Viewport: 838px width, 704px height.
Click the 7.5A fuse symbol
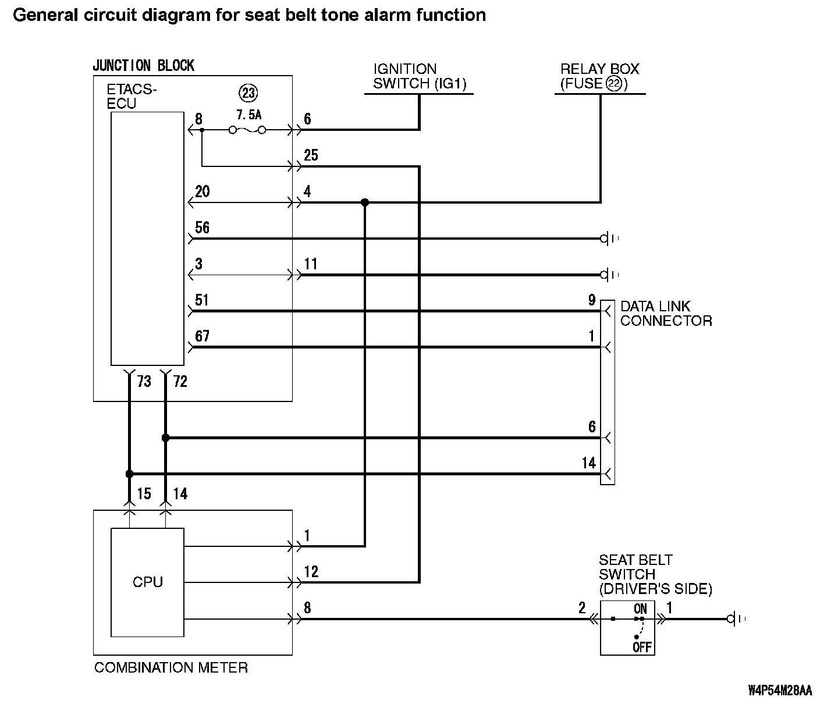click(247, 130)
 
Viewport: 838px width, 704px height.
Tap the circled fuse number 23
click(248, 93)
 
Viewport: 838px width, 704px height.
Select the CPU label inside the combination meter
click(148, 582)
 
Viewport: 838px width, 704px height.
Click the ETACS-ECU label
click(132, 97)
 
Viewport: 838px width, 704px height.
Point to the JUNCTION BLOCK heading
click(143, 66)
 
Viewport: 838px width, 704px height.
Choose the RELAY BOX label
click(599, 69)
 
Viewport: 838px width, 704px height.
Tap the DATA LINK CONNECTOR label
click(665, 314)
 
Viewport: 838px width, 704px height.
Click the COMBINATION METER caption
click(171, 667)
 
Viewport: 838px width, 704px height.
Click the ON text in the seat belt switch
click(640, 609)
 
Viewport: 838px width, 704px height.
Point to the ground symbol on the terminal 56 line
click(608, 239)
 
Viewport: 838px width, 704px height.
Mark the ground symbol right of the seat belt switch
click(736, 619)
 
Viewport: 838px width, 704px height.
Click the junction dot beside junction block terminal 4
click(365, 202)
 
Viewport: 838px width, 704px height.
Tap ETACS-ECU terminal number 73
click(144, 381)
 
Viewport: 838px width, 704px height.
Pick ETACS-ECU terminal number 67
click(202, 336)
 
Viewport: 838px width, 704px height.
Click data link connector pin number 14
click(589, 463)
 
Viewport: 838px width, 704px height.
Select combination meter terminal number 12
click(311, 571)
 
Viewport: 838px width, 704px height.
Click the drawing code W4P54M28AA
click(780, 691)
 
